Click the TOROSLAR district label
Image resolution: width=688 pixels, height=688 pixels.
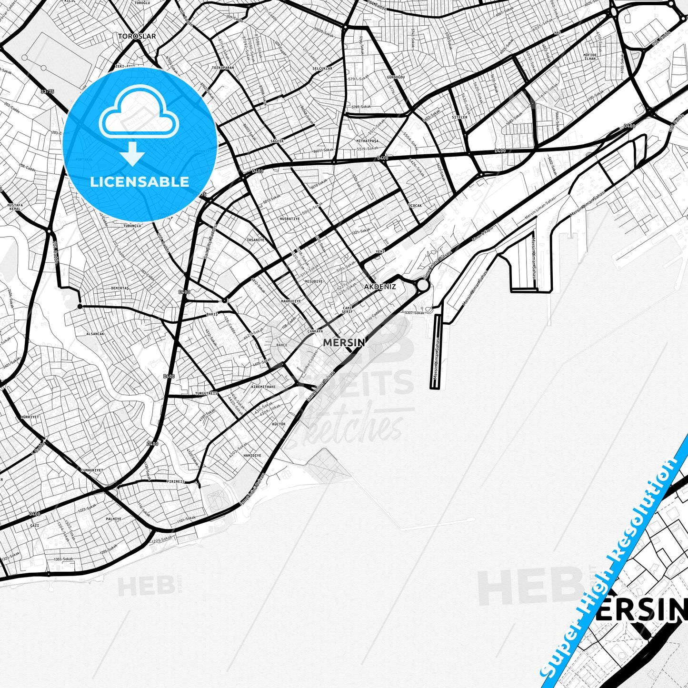point(137,36)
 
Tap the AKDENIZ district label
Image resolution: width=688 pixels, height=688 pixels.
point(379,287)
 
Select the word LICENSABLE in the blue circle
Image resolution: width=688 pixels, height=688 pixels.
point(140,181)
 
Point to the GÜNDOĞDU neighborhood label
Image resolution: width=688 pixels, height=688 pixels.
point(396,77)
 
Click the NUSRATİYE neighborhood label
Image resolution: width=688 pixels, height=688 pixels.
point(289,219)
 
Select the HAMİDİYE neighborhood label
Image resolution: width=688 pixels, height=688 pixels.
point(252,456)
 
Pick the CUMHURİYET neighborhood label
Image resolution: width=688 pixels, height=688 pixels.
point(91,470)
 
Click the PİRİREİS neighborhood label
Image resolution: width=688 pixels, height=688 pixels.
point(175,482)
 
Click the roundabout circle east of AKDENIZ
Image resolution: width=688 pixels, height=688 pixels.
point(422,285)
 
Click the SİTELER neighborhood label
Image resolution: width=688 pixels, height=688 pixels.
point(459,117)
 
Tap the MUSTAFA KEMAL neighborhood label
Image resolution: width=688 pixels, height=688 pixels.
point(15,207)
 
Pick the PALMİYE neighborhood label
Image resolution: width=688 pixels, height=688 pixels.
point(113,519)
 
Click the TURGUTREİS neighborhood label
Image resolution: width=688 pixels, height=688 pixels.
point(206,394)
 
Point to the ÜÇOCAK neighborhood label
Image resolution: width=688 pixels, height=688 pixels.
point(415,206)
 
